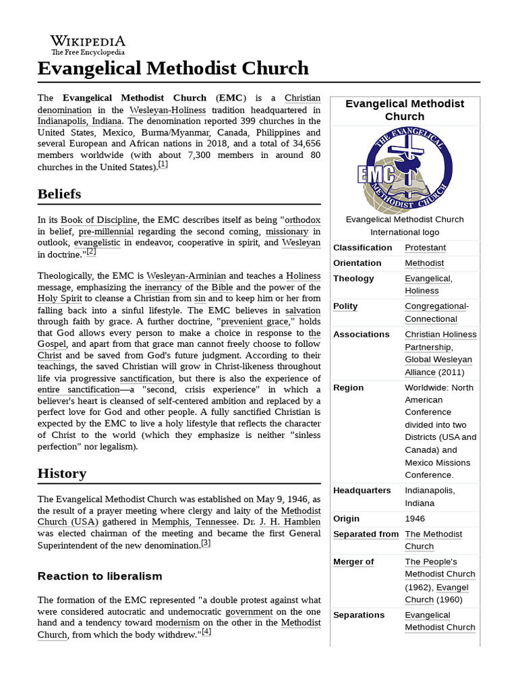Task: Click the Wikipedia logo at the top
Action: [x=88, y=44]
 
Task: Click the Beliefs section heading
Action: [x=59, y=194]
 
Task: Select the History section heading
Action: [x=62, y=473]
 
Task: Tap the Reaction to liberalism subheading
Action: [x=100, y=576]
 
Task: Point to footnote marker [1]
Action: [x=163, y=165]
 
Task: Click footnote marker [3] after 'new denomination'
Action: [x=206, y=543]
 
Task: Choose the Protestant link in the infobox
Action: [x=425, y=248]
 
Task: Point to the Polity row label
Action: [x=345, y=306]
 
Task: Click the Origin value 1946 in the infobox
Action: [x=415, y=519]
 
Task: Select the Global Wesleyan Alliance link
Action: [x=438, y=366]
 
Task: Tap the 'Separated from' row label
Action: [x=366, y=534]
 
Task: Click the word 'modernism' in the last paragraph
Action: [x=178, y=623]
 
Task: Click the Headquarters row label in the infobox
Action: [x=362, y=491]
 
